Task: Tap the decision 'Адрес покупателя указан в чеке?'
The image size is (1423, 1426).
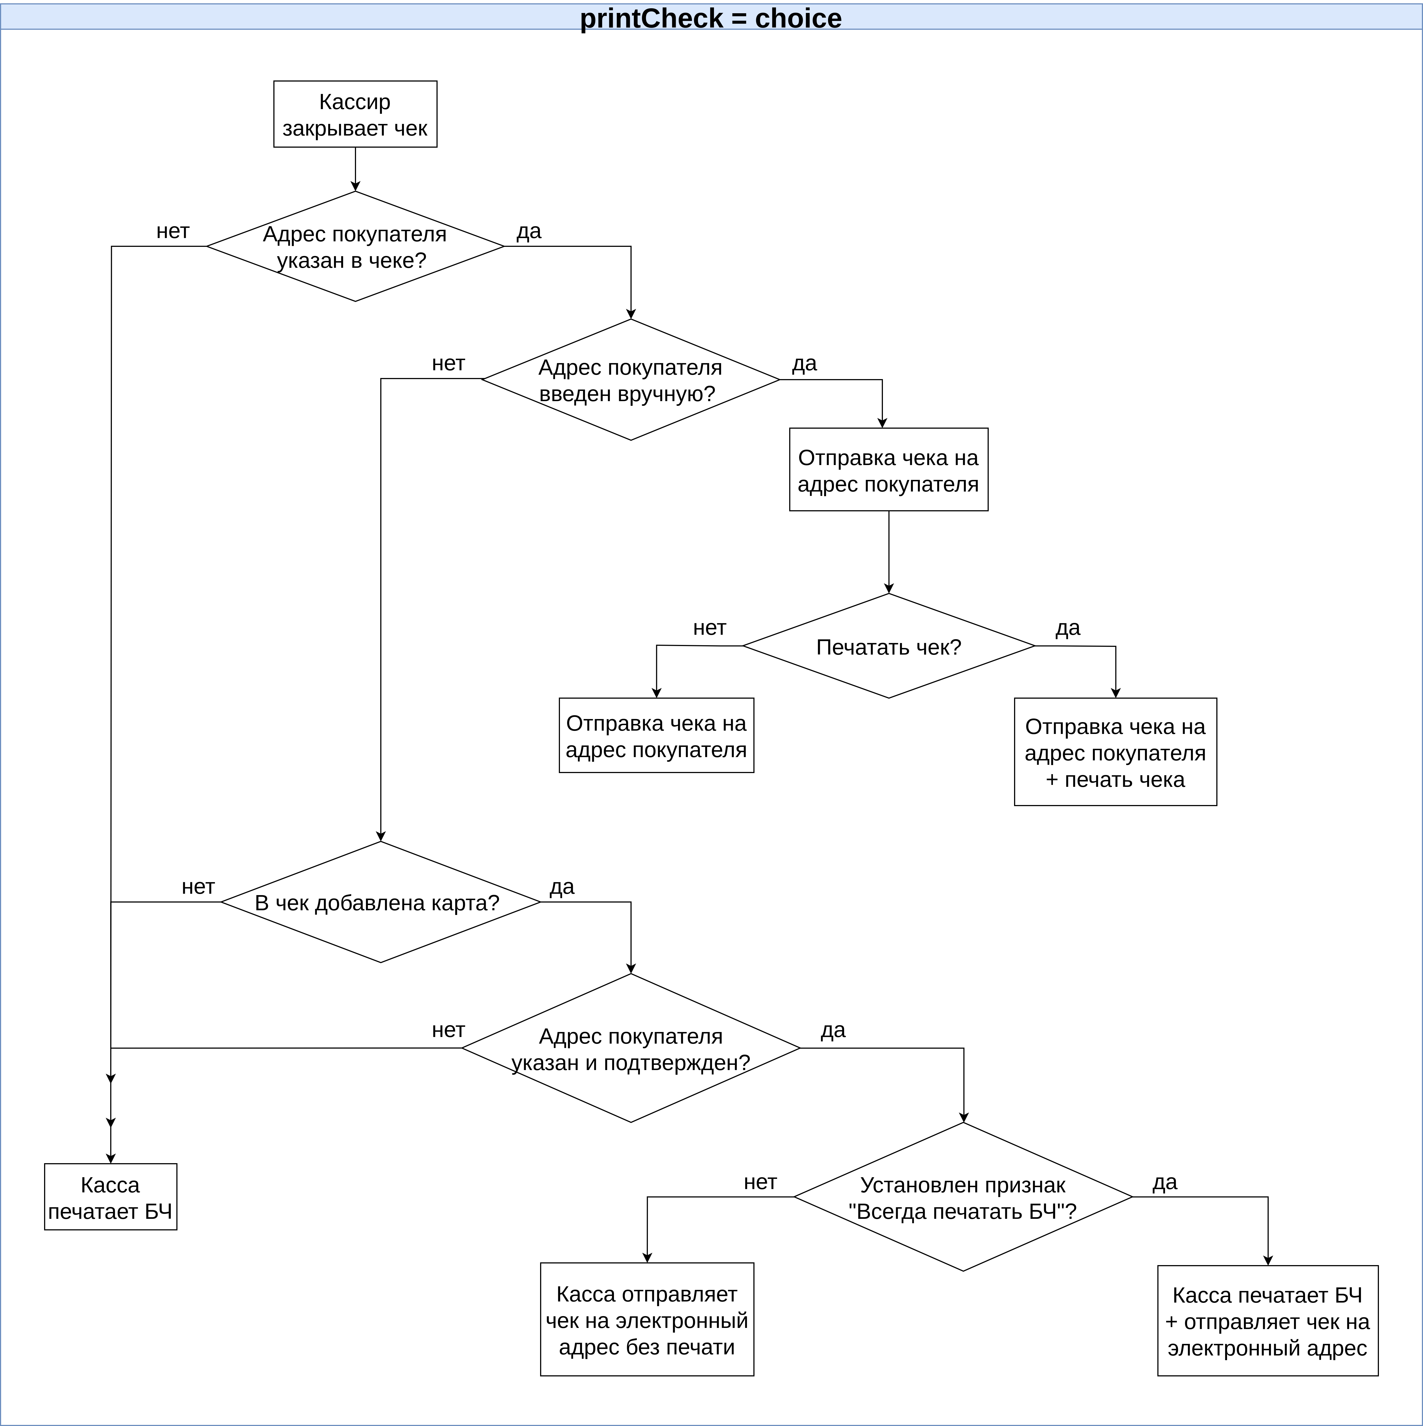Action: tap(355, 247)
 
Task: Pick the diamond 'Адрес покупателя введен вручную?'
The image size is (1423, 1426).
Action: tap(630, 379)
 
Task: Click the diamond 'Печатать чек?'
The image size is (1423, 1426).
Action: tap(889, 646)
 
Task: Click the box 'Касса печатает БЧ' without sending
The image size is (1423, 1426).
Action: tap(111, 1197)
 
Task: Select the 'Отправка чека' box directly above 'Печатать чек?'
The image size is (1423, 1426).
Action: tap(889, 469)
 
